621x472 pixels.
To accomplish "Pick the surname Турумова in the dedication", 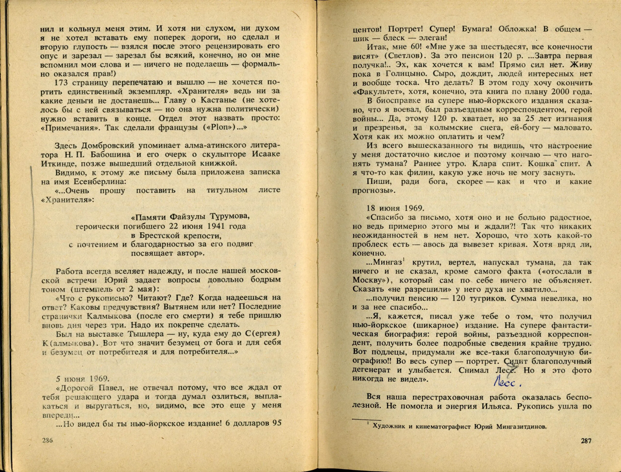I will click(x=230, y=217).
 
